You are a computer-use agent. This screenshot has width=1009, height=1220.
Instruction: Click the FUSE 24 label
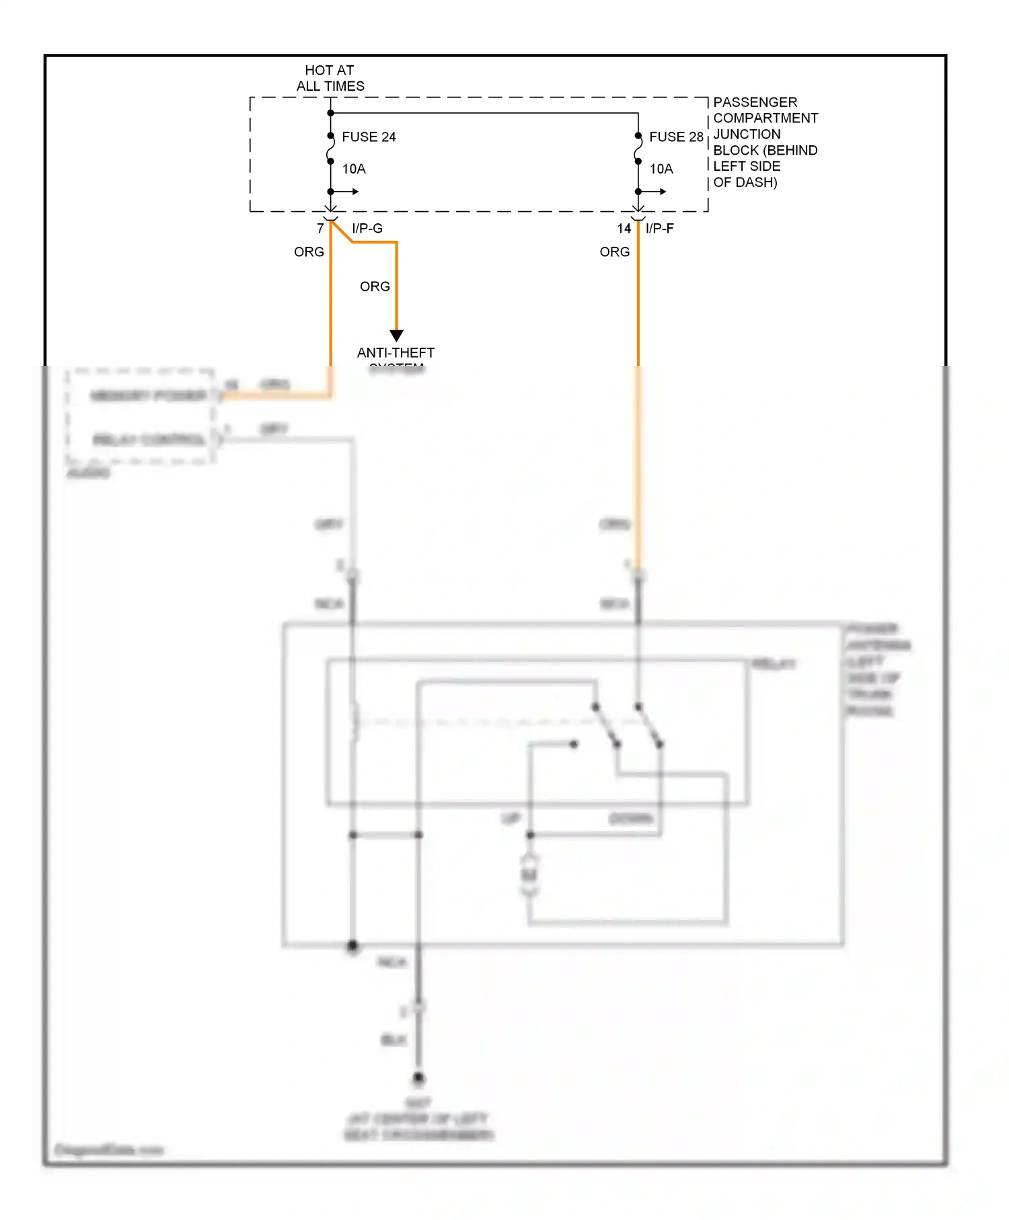(x=369, y=137)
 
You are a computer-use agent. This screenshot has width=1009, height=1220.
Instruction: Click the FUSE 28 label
(x=675, y=137)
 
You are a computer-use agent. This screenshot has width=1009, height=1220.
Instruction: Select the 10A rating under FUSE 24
(x=354, y=169)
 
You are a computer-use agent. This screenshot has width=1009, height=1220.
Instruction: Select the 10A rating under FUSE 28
(x=661, y=169)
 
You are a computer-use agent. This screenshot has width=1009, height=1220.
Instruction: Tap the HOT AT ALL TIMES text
(x=330, y=78)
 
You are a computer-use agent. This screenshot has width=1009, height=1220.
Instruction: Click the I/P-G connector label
(x=367, y=229)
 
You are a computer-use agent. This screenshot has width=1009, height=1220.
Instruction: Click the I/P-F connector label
(x=659, y=229)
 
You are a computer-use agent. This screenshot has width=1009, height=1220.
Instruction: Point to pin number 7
(x=320, y=229)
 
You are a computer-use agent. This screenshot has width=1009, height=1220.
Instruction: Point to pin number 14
(x=624, y=229)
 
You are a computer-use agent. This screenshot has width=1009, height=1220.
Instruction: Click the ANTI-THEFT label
(x=396, y=352)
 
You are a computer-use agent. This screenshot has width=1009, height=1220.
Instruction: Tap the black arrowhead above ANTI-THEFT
(x=397, y=336)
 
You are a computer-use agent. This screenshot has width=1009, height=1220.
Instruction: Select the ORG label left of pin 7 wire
(x=309, y=252)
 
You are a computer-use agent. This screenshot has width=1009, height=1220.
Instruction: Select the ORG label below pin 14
(x=614, y=252)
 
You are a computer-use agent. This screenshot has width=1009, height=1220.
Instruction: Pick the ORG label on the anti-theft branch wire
(x=375, y=287)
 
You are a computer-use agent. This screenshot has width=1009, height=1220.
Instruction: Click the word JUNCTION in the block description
(x=747, y=135)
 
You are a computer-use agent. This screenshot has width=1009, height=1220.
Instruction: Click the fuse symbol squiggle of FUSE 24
(x=330, y=149)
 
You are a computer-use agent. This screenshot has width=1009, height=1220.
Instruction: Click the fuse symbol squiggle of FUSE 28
(x=638, y=149)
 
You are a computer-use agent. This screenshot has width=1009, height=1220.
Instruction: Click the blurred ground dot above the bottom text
(x=418, y=1078)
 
